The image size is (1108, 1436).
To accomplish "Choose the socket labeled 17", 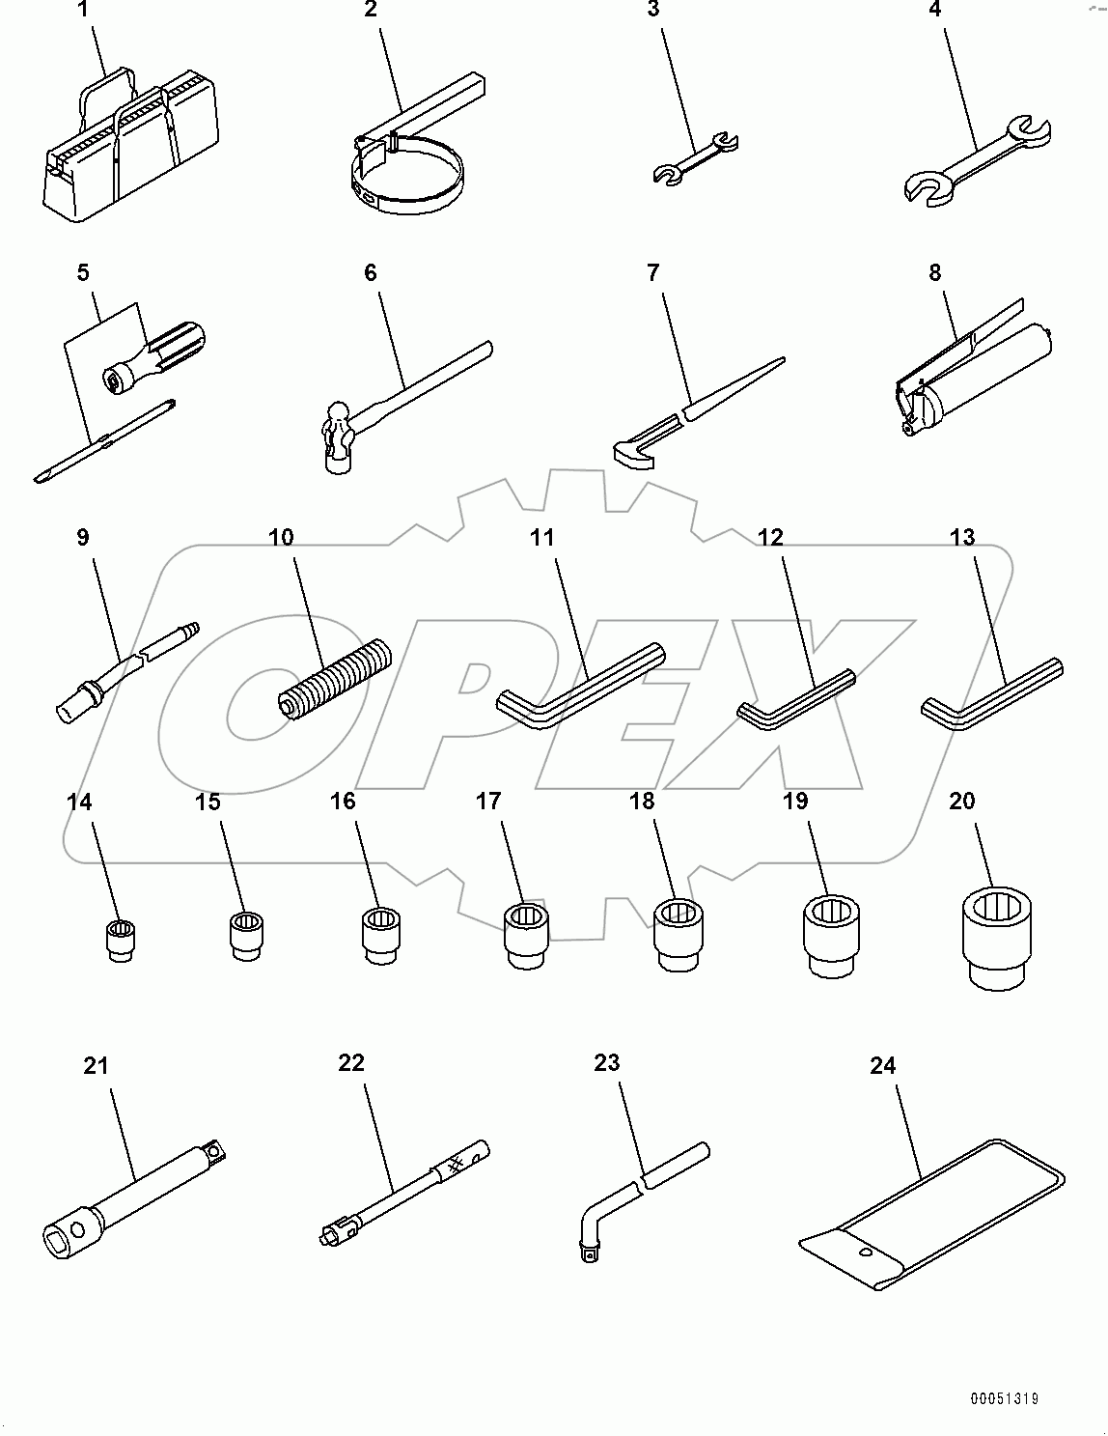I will point(526,933).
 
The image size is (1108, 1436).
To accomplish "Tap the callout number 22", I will point(351,1062).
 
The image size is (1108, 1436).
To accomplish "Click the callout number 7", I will point(653,273).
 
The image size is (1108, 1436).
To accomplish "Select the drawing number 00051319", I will point(1006,1398).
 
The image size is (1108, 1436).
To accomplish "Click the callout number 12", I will point(770,538).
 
